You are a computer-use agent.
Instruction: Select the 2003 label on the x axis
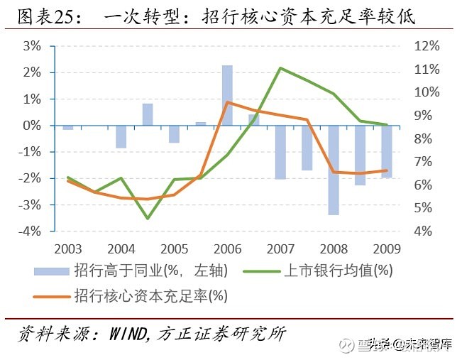click(68, 249)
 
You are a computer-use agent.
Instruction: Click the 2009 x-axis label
click(386, 249)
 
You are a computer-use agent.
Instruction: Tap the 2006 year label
click(227, 249)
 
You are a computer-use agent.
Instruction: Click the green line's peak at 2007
click(281, 68)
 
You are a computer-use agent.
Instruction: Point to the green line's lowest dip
click(148, 218)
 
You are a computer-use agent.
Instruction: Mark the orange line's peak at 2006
click(227, 102)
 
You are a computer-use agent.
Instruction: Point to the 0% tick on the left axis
click(31, 126)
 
